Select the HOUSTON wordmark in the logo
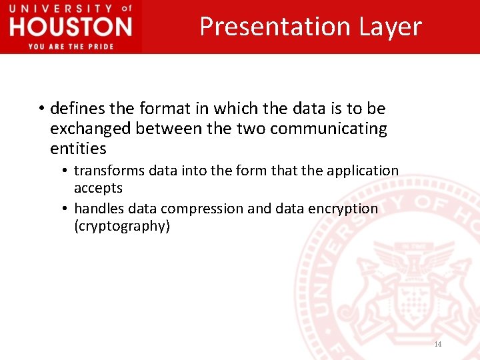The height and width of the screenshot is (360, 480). point(71,27)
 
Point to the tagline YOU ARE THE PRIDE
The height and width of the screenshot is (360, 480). point(71,46)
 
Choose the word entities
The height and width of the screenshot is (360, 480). point(78,148)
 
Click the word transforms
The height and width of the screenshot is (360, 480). point(109,171)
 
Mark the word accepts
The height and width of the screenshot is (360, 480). point(98,188)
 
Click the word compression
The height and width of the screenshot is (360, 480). point(204,209)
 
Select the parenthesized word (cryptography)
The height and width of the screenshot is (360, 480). point(122,226)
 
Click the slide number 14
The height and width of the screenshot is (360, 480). point(438,344)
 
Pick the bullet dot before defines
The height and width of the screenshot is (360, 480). point(41,108)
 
